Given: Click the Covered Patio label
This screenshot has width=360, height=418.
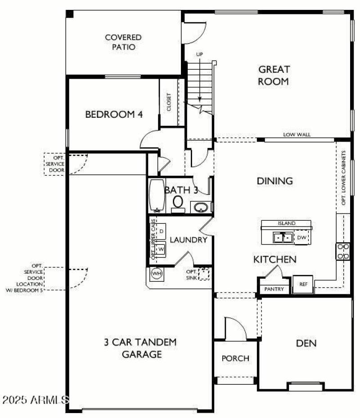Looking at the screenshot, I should pyautogui.click(x=123, y=42).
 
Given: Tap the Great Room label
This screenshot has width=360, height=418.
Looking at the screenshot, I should pyautogui.click(x=274, y=76).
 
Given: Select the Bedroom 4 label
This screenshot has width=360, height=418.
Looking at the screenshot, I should pyautogui.click(x=114, y=115).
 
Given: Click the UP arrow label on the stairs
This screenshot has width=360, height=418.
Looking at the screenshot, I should pyautogui.click(x=199, y=54).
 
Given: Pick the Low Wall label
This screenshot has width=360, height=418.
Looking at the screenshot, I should pyautogui.click(x=297, y=134).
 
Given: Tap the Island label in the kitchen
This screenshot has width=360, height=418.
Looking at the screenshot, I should pyautogui.click(x=287, y=223).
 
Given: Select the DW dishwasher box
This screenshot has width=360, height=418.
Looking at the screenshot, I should pyautogui.click(x=301, y=237).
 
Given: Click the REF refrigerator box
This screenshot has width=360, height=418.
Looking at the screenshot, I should pyautogui.click(x=303, y=284).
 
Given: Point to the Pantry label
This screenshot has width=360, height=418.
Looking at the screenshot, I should pyautogui.click(x=274, y=289).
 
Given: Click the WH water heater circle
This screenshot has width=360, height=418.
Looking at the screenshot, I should pyautogui.click(x=156, y=273).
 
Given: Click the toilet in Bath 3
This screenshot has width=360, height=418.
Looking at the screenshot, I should pyautogui.click(x=178, y=203).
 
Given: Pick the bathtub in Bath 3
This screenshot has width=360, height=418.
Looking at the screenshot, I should pyautogui.click(x=156, y=196).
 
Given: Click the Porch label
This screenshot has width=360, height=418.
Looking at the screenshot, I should pyautogui.click(x=235, y=358).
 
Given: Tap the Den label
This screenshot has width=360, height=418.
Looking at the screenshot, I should pyautogui.click(x=306, y=344).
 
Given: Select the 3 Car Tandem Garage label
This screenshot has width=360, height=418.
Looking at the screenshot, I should pyautogui.click(x=140, y=348).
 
